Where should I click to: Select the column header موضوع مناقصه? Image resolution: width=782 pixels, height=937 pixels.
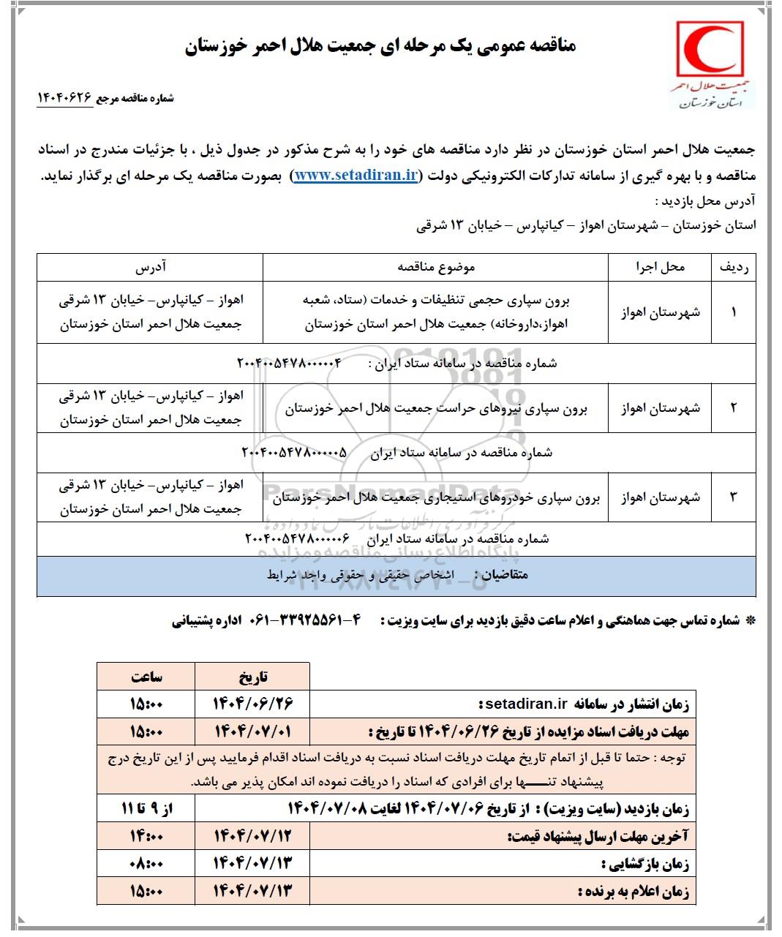pyautogui.click(x=436, y=268)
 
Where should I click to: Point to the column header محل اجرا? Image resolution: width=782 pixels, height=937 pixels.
pyautogui.click(x=660, y=268)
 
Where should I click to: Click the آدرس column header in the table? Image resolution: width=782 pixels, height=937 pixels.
pyautogui.click(x=150, y=268)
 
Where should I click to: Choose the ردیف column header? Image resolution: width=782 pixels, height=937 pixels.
pyautogui.click(x=734, y=268)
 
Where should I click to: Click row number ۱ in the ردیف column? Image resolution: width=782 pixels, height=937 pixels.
pyautogui.click(x=734, y=312)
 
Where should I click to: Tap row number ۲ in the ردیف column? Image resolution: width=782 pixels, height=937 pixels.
pyautogui.click(x=734, y=407)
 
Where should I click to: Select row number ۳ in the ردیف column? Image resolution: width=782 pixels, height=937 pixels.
pyautogui.click(x=734, y=497)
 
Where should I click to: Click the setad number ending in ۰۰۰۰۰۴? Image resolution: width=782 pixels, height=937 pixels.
pyautogui.click(x=290, y=364)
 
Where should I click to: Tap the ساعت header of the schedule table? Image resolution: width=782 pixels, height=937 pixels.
pyautogui.click(x=146, y=677)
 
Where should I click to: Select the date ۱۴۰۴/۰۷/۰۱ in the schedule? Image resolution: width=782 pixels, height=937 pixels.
pyautogui.click(x=253, y=731)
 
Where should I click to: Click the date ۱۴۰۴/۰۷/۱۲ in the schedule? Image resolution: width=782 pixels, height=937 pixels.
pyautogui.click(x=253, y=836)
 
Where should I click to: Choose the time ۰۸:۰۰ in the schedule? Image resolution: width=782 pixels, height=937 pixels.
pyautogui.click(x=146, y=864)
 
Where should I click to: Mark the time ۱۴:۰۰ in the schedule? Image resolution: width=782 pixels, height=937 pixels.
pyautogui.click(x=146, y=836)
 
